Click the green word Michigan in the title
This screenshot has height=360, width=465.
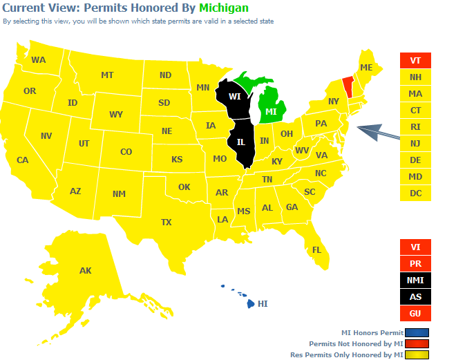[224, 8]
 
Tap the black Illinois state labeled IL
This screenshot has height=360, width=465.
[241, 142]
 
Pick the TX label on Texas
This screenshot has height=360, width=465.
[166, 222]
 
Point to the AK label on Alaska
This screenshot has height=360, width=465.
[85, 270]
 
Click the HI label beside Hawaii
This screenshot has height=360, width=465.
[263, 303]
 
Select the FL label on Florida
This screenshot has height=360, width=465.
[316, 249]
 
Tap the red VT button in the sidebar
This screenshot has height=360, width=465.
[415, 61]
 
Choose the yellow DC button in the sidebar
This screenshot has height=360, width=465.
[415, 193]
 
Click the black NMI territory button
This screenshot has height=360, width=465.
[415, 281]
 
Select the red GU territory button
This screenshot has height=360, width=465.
[415, 314]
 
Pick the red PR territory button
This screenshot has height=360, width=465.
[415, 264]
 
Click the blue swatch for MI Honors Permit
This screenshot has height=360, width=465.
[417, 332]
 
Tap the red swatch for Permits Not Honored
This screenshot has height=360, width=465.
[417, 343]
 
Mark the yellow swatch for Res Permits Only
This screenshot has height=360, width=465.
[417, 354]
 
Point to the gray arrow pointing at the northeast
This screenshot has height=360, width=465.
[379, 132]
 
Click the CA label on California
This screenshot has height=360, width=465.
[22, 160]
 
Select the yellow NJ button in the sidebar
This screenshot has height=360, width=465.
[415, 143]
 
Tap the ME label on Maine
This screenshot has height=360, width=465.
[366, 67]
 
